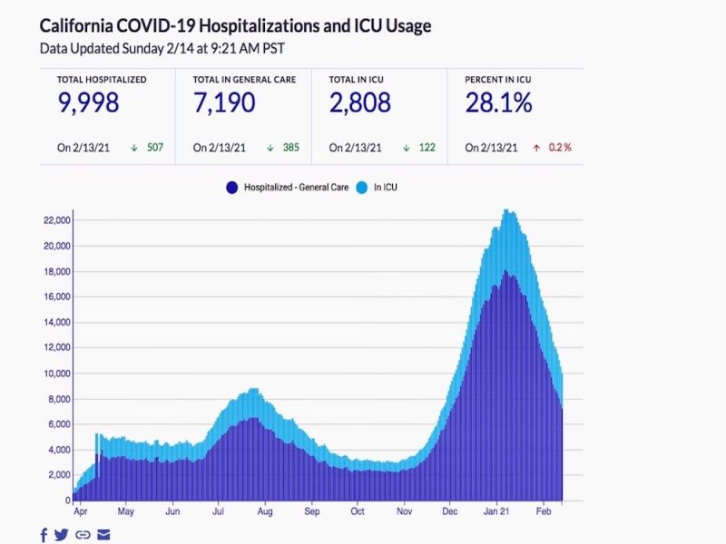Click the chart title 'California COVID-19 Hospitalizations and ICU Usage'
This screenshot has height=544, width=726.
click(235, 26)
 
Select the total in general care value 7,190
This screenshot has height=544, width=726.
click(224, 103)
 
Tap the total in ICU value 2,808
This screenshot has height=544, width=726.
click(360, 103)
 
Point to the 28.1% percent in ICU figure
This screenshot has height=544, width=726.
click(498, 103)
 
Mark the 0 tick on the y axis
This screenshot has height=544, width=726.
click(66, 500)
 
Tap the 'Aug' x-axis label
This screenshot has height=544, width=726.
click(265, 511)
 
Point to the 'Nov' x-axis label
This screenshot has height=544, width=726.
click(403, 511)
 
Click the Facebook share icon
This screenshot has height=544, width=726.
click(44, 535)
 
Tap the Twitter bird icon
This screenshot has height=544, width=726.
click(62, 535)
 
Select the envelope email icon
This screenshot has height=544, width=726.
click(103, 535)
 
